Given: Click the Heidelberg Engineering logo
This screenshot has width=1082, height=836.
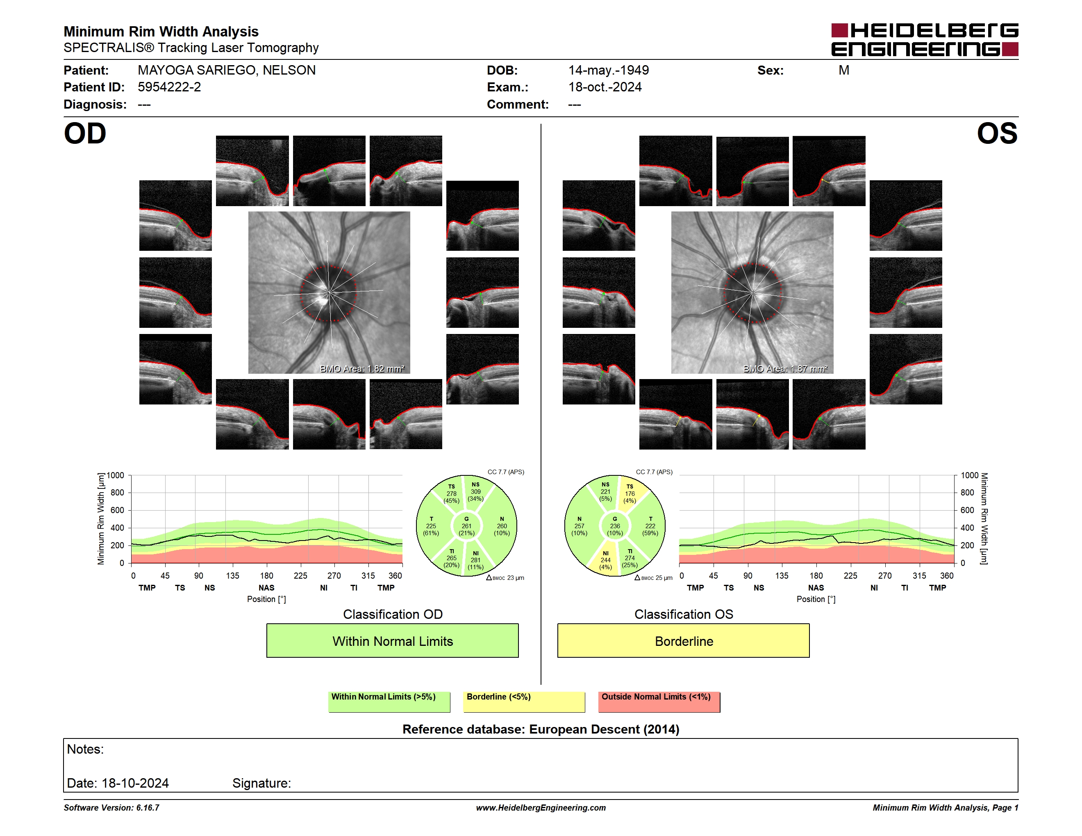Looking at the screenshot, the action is (x=925, y=40).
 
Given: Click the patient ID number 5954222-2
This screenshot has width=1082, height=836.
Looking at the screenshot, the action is (x=169, y=87).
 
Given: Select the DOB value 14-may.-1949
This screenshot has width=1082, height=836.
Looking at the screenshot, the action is (x=608, y=70).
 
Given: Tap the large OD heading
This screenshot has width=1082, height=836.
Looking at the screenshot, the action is (x=85, y=134).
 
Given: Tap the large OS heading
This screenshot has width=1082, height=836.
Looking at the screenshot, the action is (x=997, y=134).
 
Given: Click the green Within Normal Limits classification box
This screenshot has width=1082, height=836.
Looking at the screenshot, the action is (x=392, y=641).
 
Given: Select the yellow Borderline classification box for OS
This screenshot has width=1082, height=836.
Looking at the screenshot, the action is (x=683, y=641).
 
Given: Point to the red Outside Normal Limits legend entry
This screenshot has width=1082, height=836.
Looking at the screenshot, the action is (x=659, y=702).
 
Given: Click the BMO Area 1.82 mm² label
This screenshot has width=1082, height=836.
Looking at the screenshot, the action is (x=362, y=368).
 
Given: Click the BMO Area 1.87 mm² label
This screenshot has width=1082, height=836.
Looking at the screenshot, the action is (x=785, y=368).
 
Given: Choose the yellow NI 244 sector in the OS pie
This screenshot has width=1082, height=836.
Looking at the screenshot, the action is (x=605, y=560).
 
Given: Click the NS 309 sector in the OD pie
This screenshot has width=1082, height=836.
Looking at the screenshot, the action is (x=476, y=492).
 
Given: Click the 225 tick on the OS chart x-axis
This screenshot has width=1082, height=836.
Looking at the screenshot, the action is (x=850, y=575).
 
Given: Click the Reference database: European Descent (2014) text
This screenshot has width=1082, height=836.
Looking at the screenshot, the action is (x=541, y=729).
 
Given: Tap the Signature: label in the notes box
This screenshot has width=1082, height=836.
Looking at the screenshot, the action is (x=261, y=783).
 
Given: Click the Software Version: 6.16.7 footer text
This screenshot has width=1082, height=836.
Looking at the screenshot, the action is (x=111, y=808).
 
